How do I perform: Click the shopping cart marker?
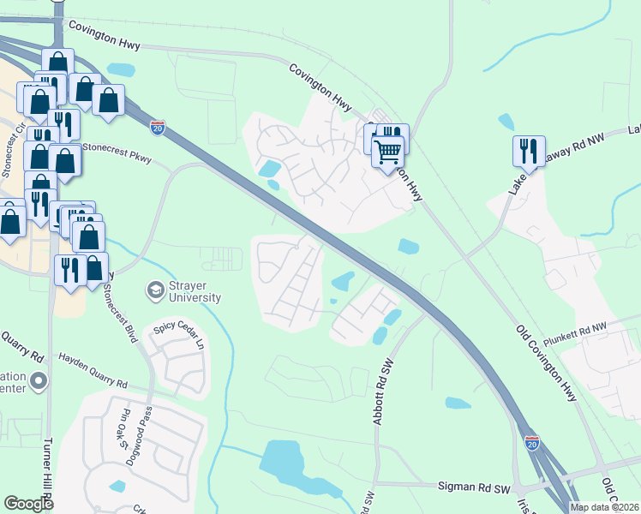387,152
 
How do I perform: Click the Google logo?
29,504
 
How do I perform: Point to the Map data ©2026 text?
604,507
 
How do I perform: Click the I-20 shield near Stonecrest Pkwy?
158,128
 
